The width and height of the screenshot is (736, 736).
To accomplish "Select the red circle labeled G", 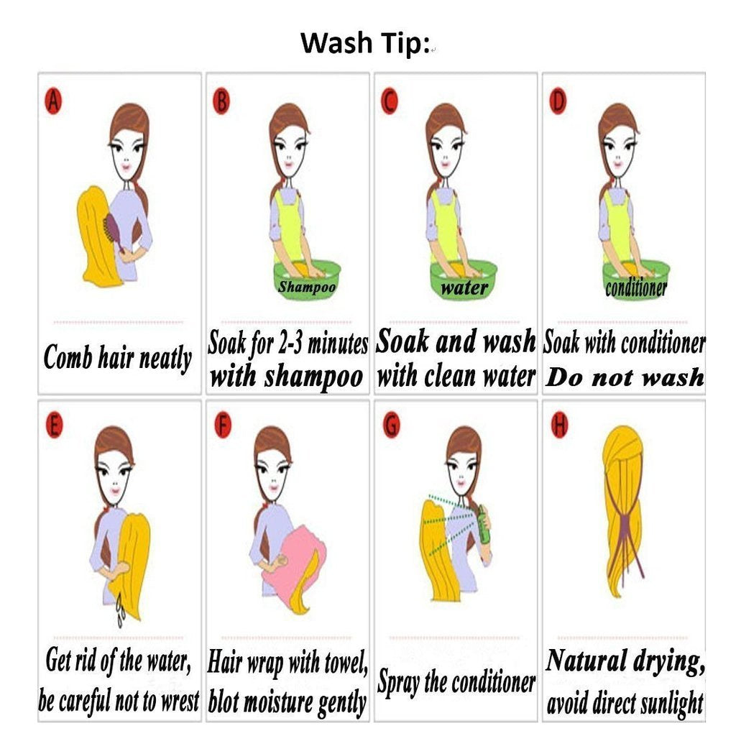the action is tap(392, 425).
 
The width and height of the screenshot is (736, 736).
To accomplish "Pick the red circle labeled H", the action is tap(559, 425).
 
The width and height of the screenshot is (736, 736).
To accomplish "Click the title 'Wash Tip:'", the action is tap(365, 42).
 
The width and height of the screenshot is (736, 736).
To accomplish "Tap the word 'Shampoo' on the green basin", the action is tap(306, 286).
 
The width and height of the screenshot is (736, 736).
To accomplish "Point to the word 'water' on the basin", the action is tap(464, 287).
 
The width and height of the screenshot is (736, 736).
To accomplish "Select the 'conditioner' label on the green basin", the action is tap(636, 287).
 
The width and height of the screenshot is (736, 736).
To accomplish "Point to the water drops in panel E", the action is tap(121, 609).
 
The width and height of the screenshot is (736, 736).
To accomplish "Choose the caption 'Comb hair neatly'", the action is tap(117, 358).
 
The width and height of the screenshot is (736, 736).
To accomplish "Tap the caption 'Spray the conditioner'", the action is tap(456, 682).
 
